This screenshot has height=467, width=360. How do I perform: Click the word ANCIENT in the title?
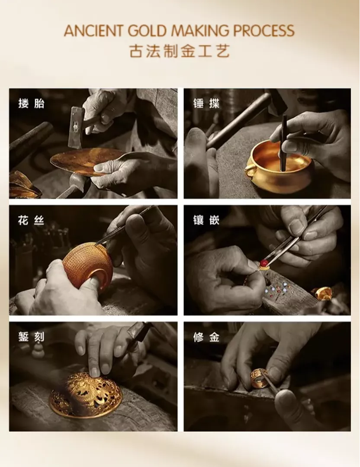point(93,31)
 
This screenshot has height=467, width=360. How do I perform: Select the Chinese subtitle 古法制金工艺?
point(180,51)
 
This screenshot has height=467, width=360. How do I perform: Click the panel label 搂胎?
point(31,103)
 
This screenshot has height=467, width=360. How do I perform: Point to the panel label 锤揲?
point(206,103)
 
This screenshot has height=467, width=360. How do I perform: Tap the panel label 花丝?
point(31,220)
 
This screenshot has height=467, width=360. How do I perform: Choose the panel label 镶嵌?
point(206,220)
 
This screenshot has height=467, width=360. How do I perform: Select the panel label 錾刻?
point(31,337)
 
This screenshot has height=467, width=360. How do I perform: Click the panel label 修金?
point(206,337)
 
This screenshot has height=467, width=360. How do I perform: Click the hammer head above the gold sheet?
point(76,128)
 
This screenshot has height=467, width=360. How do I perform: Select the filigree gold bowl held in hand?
point(88,267)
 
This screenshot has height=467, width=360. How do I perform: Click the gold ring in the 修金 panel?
point(258,378)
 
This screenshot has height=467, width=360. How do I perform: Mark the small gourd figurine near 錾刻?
point(38,350)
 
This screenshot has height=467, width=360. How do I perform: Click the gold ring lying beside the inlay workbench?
point(323,293)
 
